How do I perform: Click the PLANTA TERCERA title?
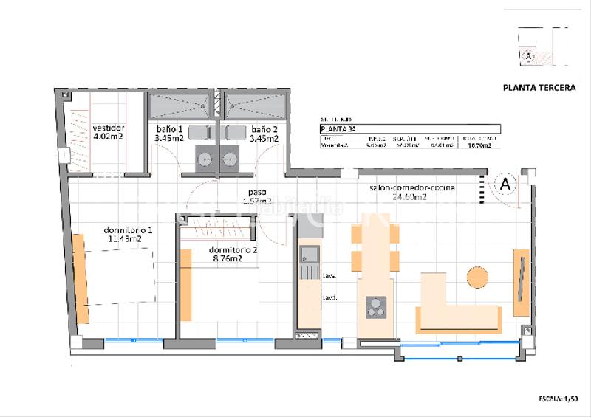tap(539, 87)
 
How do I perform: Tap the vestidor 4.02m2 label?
tap(107, 131)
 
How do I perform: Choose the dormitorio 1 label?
tap(130, 235)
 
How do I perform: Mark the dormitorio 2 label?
tap(233, 254)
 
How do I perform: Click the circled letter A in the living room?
tap(506, 184)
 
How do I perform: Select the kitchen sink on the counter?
tap(307, 255)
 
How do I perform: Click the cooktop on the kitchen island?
tap(377, 307)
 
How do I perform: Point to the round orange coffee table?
tap(477, 277)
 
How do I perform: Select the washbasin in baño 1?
tap(204, 158)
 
